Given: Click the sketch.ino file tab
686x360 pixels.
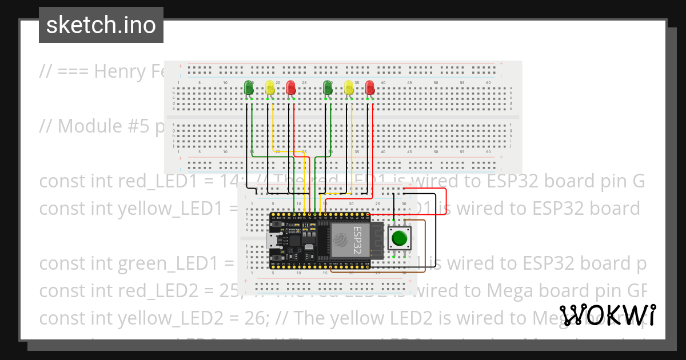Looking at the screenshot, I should tap(101, 25).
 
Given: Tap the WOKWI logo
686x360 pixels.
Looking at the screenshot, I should tap(608, 315).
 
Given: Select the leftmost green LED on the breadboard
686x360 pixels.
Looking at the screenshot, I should tap(249, 87).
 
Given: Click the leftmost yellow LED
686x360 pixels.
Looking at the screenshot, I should tap(270, 87).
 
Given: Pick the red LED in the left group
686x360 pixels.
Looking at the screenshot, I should tap(290, 87).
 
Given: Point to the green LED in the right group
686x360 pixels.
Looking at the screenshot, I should tap(328, 87).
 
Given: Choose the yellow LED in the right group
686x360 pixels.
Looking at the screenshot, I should tap(349, 87).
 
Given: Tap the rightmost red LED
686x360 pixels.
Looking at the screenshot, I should tap(370, 87).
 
